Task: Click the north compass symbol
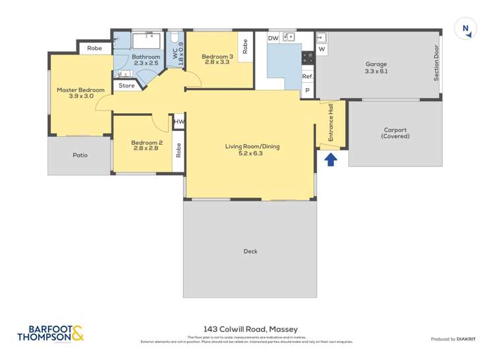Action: pyautogui.click(x=466, y=28)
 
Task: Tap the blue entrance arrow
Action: pyautogui.click(x=331, y=158)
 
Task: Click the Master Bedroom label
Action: pyautogui.click(x=80, y=93)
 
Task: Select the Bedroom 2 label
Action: pyautogui.click(x=146, y=145)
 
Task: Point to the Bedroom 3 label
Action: pyautogui.click(x=217, y=60)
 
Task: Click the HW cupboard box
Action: pyautogui.click(x=179, y=122)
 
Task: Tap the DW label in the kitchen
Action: pyautogui.click(x=273, y=39)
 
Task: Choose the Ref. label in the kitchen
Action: pyautogui.click(x=308, y=76)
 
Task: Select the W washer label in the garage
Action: pyautogui.click(x=322, y=49)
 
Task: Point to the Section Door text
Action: pyautogui.click(x=435, y=63)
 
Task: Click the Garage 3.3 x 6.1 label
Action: pyautogui.click(x=376, y=67)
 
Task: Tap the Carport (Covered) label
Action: pyautogui.click(x=395, y=133)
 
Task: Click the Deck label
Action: pyautogui.click(x=250, y=251)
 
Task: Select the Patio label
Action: pyautogui.click(x=80, y=155)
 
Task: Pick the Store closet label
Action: pyautogui.click(x=126, y=86)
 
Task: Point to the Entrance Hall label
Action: pyautogui.click(x=331, y=122)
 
